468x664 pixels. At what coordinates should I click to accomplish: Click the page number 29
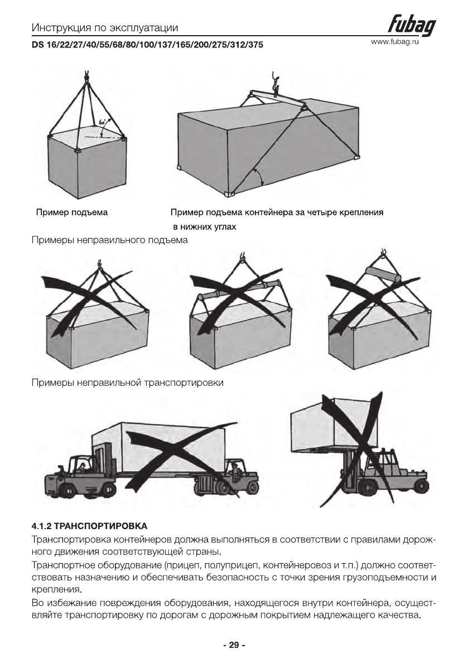pos(234,645)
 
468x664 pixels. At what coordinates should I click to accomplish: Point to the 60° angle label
pos(102,121)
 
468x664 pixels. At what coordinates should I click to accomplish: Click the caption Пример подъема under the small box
pos(72,212)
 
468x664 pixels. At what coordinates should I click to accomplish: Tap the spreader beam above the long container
pos(276,98)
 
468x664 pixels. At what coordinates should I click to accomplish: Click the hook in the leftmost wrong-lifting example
pos(99,260)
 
